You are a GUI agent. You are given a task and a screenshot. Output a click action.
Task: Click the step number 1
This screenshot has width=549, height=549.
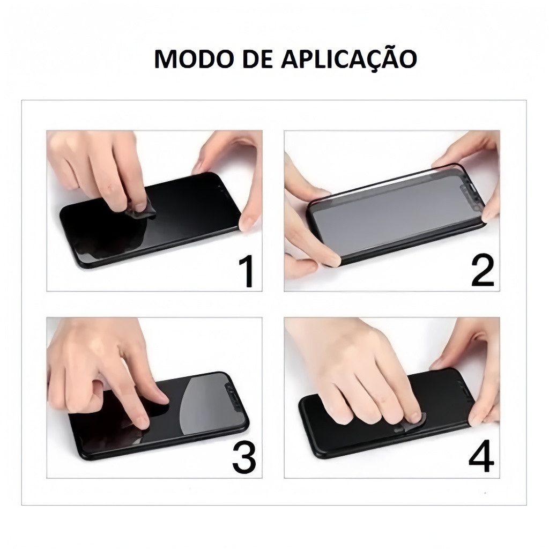coord(247,271)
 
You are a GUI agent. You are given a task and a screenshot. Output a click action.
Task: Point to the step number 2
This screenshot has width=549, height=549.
coord(483,270)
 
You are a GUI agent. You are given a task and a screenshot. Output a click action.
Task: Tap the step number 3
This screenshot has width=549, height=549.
coord(244,457)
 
